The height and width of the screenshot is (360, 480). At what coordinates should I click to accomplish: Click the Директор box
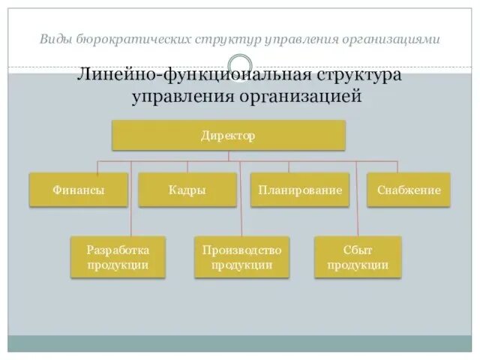point(228,136)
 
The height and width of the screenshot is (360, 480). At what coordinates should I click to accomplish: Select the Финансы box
point(78,190)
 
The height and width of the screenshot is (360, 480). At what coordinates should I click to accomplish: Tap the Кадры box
point(187,190)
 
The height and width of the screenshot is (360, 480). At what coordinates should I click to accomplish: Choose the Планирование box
point(300,190)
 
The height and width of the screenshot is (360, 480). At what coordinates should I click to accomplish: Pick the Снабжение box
point(409,190)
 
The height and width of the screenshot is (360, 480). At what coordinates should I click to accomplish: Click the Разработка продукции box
point(118,257)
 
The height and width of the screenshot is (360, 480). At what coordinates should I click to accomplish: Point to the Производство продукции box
point(241,257)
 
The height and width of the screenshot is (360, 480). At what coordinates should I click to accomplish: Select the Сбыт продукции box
point(358,257)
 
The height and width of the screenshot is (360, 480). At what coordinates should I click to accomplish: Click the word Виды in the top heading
point(55,39)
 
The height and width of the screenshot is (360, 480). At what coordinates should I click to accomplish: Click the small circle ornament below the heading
point(239,64)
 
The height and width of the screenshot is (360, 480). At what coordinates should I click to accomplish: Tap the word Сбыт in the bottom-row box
point(358,250)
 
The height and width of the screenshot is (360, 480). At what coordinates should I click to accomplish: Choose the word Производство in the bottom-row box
point(241,250)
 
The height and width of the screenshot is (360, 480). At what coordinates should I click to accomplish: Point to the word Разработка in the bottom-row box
point(118,250)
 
